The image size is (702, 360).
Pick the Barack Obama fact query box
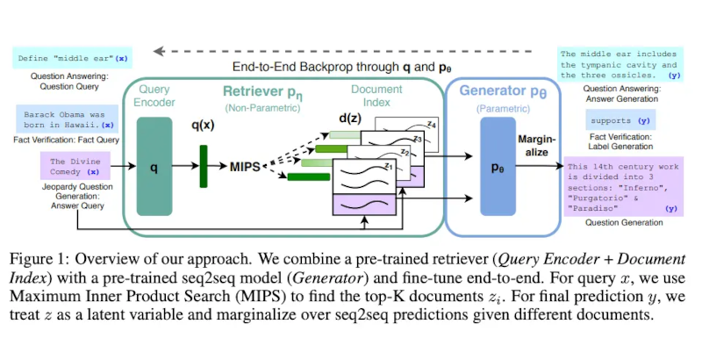click(65, 119)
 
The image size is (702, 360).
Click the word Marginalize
click(537, 146)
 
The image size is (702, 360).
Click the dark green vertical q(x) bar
click(204, 165)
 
